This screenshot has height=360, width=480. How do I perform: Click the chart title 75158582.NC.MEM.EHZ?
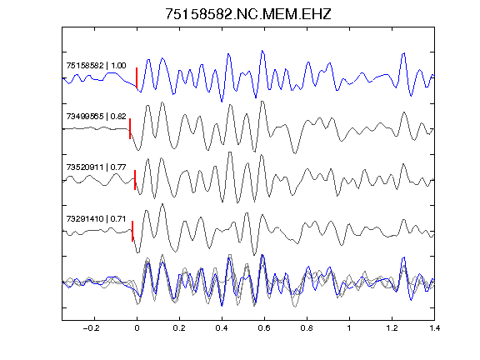tap(248, 14)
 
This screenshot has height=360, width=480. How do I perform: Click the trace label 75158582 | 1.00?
tap(96, 66)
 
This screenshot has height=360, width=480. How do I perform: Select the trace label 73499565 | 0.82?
tap(96, 117)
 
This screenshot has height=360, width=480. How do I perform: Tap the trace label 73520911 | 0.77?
tap(96, 167)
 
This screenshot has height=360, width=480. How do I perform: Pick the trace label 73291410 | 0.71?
tap(96, 218)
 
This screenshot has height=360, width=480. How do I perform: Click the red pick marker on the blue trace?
tap(137, 77)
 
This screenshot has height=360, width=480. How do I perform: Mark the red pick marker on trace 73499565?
tap(130, 128)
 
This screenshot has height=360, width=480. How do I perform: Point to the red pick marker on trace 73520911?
tap(135, 180)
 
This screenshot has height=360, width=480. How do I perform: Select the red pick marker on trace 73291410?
tap(132, 231)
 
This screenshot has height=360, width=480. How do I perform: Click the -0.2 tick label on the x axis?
tap(91, 328)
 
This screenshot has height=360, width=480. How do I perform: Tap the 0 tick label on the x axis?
tap(137, 328)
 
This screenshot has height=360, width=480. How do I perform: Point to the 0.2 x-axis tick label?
tap(179, 328)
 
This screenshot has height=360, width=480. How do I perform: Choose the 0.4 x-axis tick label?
tap(222, 328)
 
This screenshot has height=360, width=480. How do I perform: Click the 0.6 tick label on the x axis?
tap(264, 328)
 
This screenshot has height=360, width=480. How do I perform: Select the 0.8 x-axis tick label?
tap(307, 328)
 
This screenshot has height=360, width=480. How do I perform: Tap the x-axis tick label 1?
tap(349, 328)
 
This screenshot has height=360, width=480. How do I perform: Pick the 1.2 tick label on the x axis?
tap(392, 328)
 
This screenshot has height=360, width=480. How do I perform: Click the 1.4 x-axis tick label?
tap(434, 328)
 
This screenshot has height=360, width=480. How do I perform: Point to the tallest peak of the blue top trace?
tap(262, 51)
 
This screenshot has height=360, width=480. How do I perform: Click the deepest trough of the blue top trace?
tap(222, 102)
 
